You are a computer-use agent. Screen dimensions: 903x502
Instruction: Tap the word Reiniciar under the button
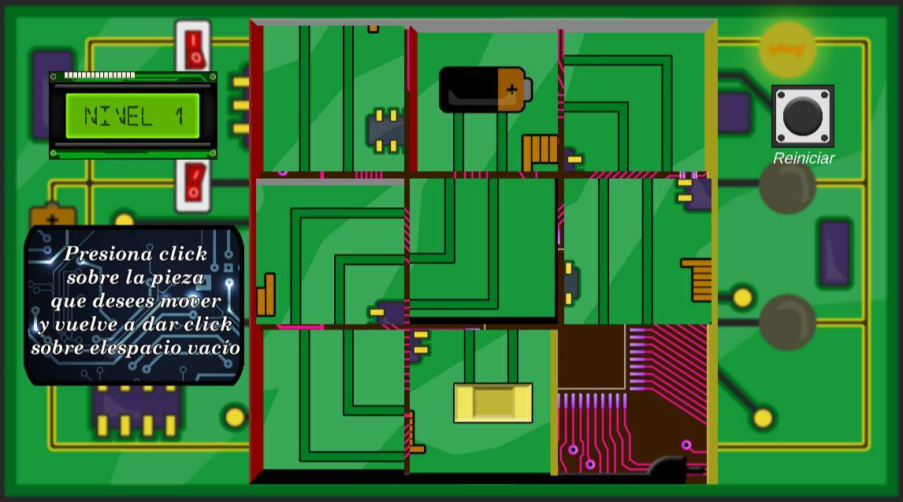point(804,158)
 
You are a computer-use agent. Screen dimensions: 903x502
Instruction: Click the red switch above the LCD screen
point(193,46)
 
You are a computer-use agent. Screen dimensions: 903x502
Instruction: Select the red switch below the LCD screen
point(193,185)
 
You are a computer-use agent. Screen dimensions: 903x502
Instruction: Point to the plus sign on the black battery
point(511,89)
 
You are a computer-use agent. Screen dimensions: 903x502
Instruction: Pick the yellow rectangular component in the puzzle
point(493,403)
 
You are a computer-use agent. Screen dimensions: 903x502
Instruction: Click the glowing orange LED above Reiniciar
point(787,50)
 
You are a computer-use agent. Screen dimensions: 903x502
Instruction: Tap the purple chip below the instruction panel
point(136,411)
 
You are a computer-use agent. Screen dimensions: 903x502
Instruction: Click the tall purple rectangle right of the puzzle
point(835,253)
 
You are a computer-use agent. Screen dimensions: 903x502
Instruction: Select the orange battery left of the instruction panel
point(53,216)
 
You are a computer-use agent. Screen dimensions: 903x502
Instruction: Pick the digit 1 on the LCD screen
point(180,117)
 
